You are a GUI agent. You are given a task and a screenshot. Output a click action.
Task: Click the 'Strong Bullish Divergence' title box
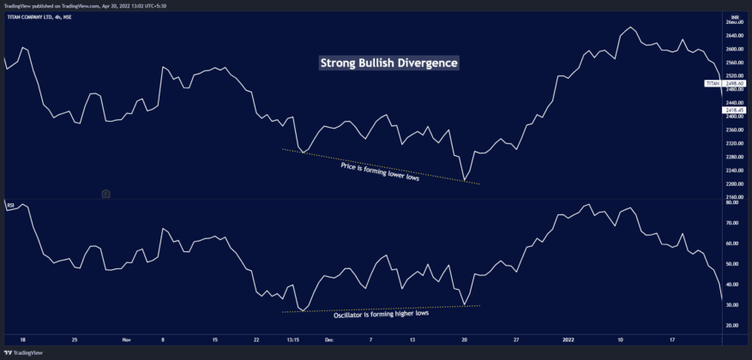coord(389,63)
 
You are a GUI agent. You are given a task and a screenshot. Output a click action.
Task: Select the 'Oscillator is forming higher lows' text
coord(381,315)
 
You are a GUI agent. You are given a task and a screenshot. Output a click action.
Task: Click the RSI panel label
coord(10,206)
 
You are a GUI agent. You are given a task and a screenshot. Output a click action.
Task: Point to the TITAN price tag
coord(713,83)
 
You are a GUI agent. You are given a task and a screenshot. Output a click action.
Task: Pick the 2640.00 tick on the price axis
coord(735,36)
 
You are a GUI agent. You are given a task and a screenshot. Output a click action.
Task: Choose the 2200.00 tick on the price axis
coord(735,183)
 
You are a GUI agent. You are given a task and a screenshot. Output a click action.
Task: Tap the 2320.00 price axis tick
coord(735,143)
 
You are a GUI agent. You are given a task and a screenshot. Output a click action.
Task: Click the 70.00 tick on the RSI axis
coord(732,223)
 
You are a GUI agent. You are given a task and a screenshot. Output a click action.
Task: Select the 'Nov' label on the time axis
coord(127,339)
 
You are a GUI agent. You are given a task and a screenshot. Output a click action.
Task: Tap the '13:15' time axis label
coord(292,339)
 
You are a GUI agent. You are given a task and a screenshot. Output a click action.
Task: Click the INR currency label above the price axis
coord(734,16)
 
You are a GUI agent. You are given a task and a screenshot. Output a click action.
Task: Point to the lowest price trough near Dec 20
coord(464,181)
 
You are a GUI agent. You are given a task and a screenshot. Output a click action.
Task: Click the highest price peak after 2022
coord(630,27)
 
